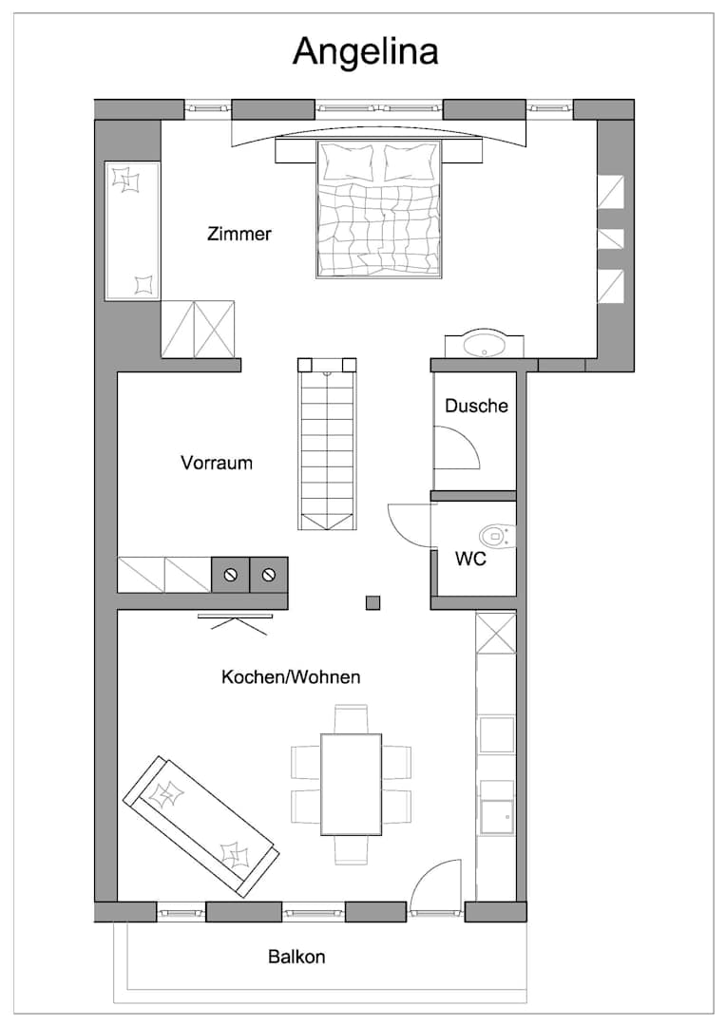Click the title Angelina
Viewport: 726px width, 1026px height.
(x=365, y=51)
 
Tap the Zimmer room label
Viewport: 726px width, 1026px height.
(x=239, y=234)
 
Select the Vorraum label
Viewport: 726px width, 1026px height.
(x=217, y=463)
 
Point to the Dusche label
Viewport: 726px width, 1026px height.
(x=477, y=406)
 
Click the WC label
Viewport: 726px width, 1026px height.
(x=470, y=559)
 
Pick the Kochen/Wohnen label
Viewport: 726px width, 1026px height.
(x=292, y=676)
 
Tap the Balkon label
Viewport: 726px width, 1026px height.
(x=296, y=957)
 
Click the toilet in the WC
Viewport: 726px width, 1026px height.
(x=498, y=537)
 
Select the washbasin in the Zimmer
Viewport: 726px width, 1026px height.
(x=485, y=344)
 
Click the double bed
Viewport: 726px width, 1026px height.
(x=378, y=209)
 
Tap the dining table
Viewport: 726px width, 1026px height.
(x=352, y=784)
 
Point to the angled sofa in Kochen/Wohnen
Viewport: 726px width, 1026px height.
(x=201, y=826)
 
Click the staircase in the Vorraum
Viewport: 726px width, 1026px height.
(x=327, y=445)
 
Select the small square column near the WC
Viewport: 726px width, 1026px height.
(x=373, y=602)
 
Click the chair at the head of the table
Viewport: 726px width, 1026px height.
(x=352, y=718)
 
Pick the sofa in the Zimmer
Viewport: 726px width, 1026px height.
(x=132, y=232)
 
